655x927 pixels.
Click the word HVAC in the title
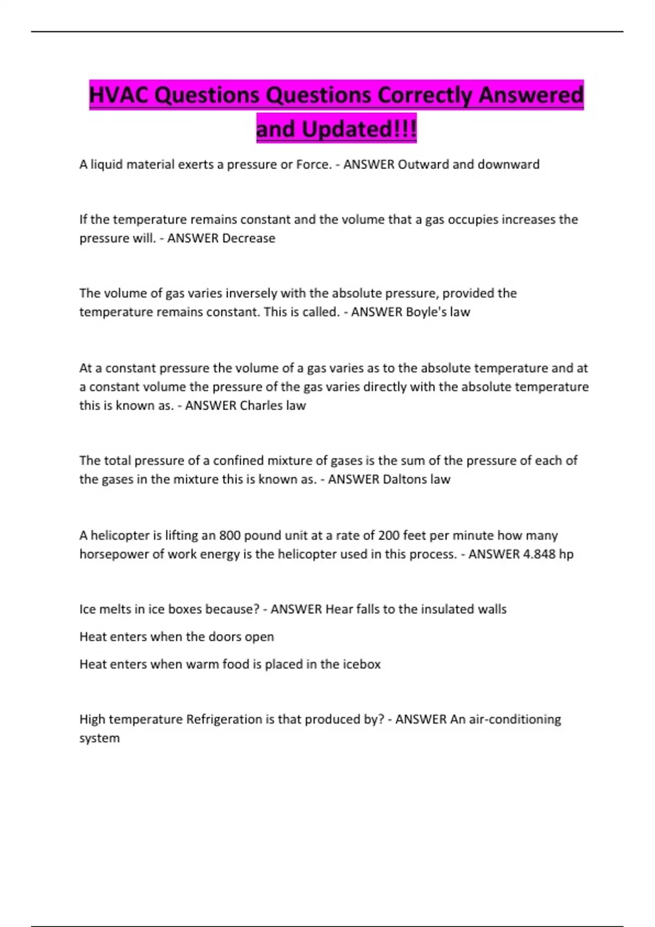pos(119,95)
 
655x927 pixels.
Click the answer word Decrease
pos(249,238)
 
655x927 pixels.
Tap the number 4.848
pos(540,554)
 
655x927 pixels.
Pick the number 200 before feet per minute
pos(389,535)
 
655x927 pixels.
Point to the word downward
pos(508,165)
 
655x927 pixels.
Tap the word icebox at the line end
pos(361,664)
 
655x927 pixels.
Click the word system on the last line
pos(99,738)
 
